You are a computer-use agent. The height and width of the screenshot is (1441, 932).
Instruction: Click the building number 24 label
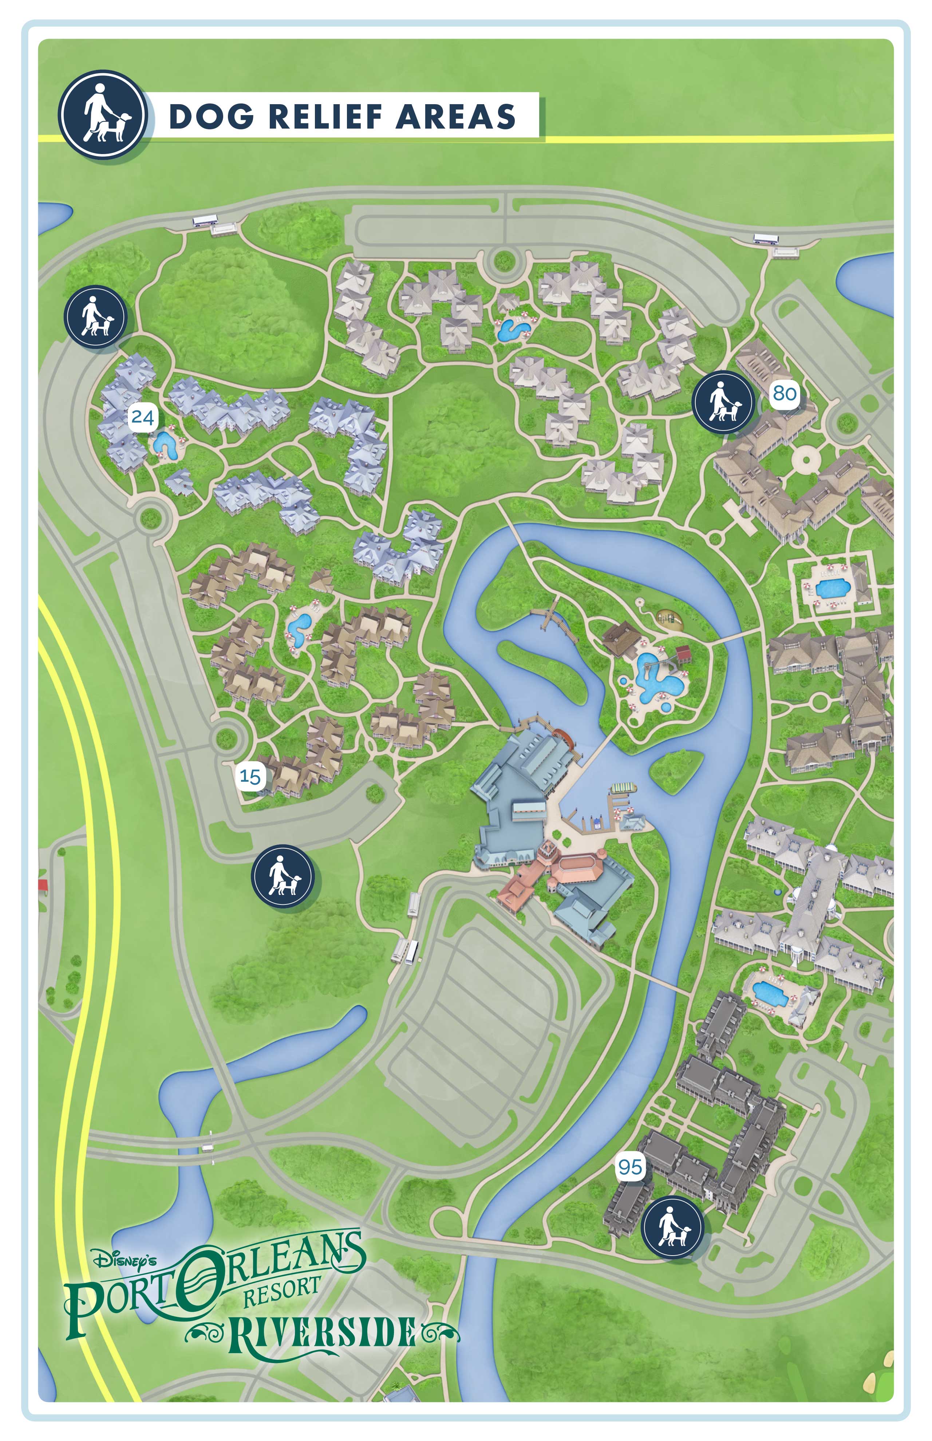point(142,417)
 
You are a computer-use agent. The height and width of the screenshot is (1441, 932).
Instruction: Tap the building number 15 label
point(250,776)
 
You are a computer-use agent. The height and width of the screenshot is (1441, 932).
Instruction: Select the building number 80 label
point(784,393)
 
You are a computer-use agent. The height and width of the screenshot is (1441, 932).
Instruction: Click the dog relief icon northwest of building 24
point(96,317)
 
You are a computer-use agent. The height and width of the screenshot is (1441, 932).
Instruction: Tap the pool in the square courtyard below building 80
point(831,587)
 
